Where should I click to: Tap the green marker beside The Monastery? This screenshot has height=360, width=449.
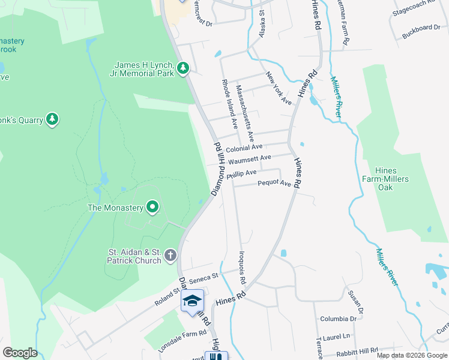(x=152, y=208)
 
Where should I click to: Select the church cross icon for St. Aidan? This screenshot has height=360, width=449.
(x=170, y=256)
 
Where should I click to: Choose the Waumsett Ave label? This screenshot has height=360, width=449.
(x=250, y=160)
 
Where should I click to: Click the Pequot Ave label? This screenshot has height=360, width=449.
(x=274, y=184)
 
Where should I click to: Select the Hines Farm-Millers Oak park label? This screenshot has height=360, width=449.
(x=385, y=175)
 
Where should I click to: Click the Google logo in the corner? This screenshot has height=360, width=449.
(x=20, y=352)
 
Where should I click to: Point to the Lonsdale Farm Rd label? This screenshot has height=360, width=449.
(x=182, y=340)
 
